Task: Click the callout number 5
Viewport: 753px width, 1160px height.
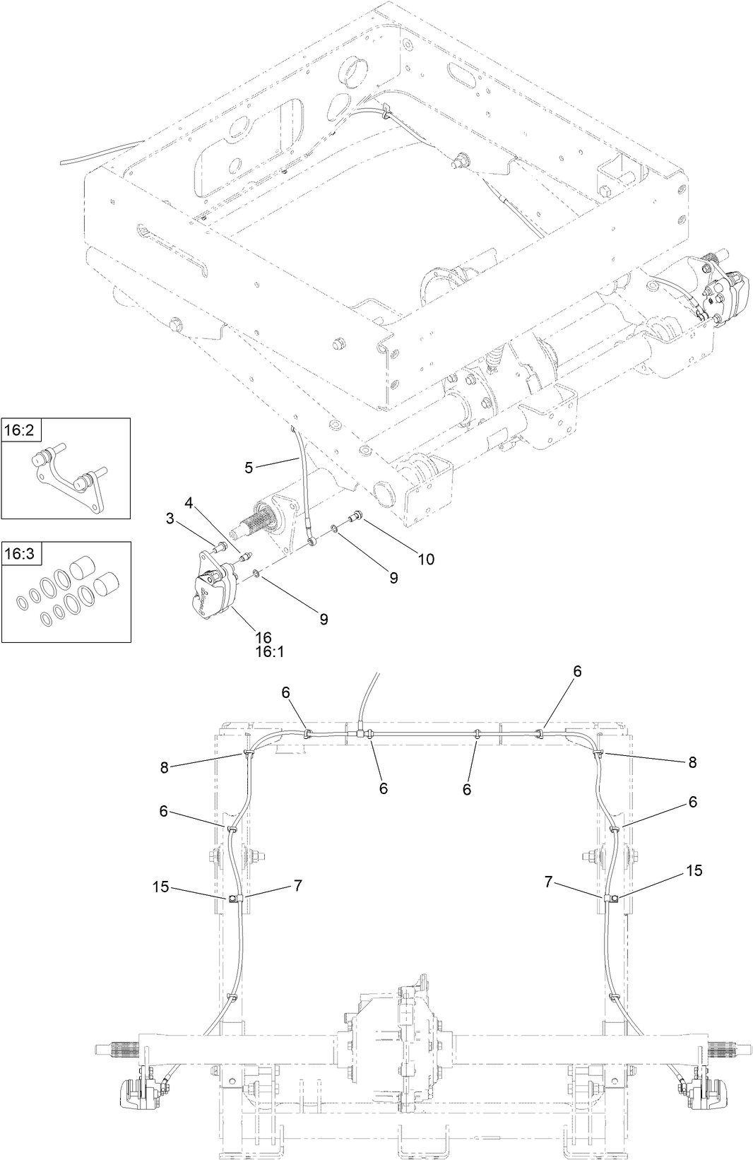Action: [248, 467]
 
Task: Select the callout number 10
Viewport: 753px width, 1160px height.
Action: [425, 560]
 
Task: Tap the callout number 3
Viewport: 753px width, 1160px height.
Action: [169, 519]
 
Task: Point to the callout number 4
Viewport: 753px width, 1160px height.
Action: [188, 503]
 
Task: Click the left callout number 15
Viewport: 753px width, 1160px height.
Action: [161, 887]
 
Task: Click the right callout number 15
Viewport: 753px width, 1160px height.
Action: [694, 871]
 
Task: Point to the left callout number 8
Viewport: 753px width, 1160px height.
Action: [165, 768]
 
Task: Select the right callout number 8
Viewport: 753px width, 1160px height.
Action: [692, 762]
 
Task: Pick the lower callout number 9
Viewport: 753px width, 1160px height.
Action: [324, 620]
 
